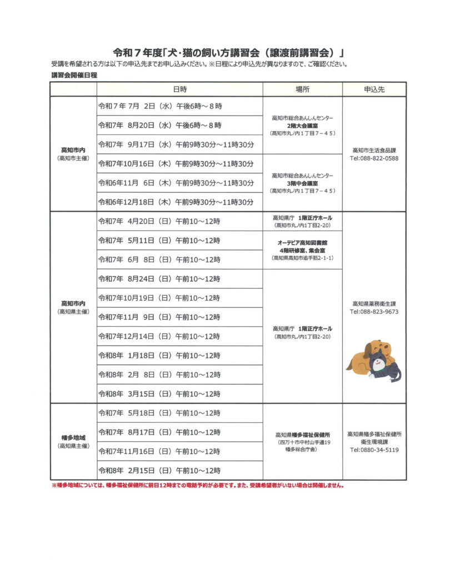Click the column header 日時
(179, 89)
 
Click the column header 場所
(302, 89)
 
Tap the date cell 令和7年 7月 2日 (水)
(156, 106)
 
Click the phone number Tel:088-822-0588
(374, 158)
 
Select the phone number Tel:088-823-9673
(374, 312)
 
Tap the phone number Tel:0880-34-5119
(374, 450)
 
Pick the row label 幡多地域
(73, 437)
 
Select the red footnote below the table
(197, 485)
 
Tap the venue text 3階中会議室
(302, 183)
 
